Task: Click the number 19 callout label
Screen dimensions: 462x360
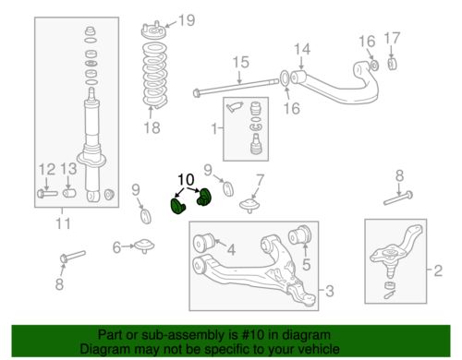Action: pos(187,20)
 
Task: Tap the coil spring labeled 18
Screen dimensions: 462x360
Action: pos(154,75)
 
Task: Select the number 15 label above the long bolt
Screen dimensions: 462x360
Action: pos(240,62)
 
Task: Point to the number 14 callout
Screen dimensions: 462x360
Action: pos(302,49)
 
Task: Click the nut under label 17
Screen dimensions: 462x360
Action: pos(392,64)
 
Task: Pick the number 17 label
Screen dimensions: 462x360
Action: pos(392,39)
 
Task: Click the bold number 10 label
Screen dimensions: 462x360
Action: pos(186,179)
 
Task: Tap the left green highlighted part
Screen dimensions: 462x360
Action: pos(177,206)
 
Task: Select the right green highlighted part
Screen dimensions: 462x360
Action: pos(203,197)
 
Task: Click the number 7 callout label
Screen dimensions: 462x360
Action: pos(260,180)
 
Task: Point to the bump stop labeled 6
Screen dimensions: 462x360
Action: pos(144,246)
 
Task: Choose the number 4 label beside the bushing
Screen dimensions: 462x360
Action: pos(231,250)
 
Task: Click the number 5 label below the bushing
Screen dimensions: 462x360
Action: pos(306,264)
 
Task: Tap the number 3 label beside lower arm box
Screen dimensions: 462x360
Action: pos(329,291)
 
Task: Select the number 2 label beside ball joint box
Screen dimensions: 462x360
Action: pos(438,270)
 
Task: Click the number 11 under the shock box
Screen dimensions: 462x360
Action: pos(63,223)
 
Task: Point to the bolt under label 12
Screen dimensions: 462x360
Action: pos(47,194)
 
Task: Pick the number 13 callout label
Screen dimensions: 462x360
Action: pos(68,169)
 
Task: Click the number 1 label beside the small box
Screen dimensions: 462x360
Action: pos(214,128)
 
